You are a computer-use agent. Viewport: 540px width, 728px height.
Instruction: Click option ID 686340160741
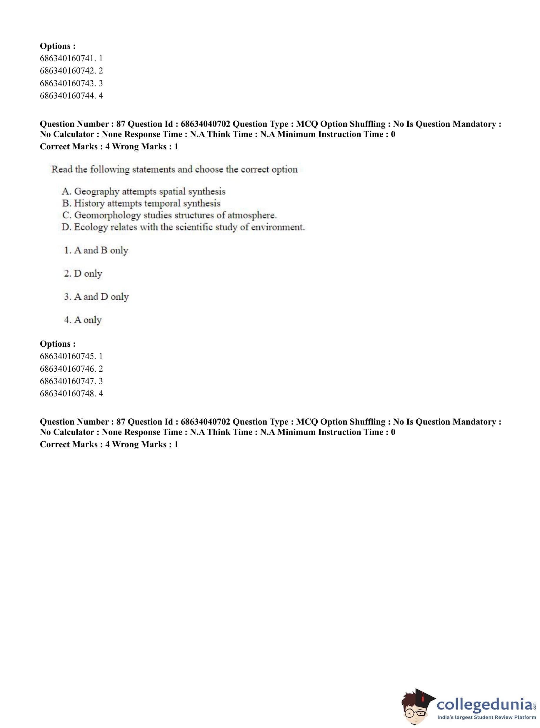(71, 59)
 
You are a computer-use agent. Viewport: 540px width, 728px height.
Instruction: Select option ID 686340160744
(71, 96)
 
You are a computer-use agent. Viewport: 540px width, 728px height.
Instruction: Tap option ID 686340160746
(71, 369)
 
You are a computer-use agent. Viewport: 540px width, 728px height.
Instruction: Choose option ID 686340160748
(71, 393)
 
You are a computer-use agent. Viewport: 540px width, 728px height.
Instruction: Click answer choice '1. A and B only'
(96, 250)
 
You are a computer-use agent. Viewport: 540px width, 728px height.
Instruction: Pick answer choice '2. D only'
(83, 273)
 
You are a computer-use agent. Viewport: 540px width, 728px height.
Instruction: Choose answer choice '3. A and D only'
(96, 297)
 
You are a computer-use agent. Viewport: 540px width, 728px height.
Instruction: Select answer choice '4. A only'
(83, 320)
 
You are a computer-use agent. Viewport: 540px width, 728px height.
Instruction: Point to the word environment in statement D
(278, 227)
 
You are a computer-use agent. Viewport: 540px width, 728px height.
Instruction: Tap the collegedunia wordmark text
(485, 704)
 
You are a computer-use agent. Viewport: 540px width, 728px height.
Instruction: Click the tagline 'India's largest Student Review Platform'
(487, 717)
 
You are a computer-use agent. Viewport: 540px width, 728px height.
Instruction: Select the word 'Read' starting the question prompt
(62, 169)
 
